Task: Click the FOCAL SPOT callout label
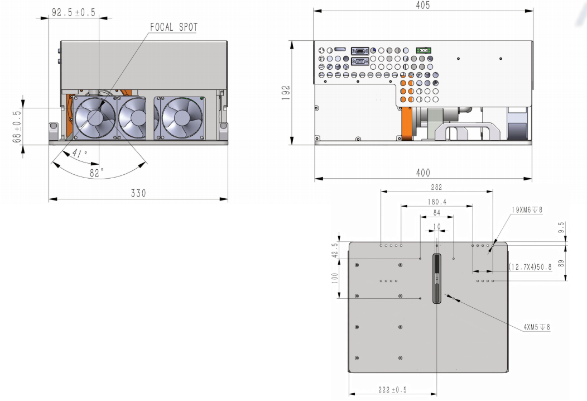(x=174, y=27)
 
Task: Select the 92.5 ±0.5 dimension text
(x=74, y=12)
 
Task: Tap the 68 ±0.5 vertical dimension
(x=17, y=126)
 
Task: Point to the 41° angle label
(x=80, y=153)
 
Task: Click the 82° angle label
(x=97, y=173)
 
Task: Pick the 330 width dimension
(x=138, y=193)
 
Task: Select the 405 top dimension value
(x=423, y=5)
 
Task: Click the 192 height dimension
(x=286, y=93)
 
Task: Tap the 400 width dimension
(x=423, y=173)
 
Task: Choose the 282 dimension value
(x=436, y=187)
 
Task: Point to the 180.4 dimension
(x=437, y=202)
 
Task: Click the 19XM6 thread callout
(x=527, y=210)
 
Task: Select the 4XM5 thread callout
(x=537, y=327)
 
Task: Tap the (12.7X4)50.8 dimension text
(x=530, y=267)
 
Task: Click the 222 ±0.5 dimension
(x=392, y=390)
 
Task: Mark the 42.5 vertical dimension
(x=335, y=250)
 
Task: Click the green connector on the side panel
(x=424, y=50)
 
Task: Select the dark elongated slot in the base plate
(x=436, y=279)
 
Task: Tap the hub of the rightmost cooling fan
(x=182, y=118)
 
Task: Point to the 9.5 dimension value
(x=561, y=227)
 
